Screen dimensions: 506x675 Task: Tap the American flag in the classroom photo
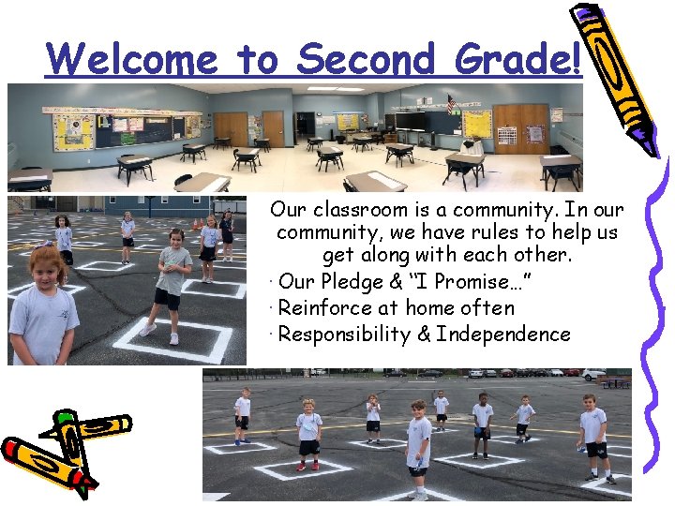451,104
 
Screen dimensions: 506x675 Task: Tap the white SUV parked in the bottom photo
593,374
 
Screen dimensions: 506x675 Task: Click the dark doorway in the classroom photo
305,126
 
